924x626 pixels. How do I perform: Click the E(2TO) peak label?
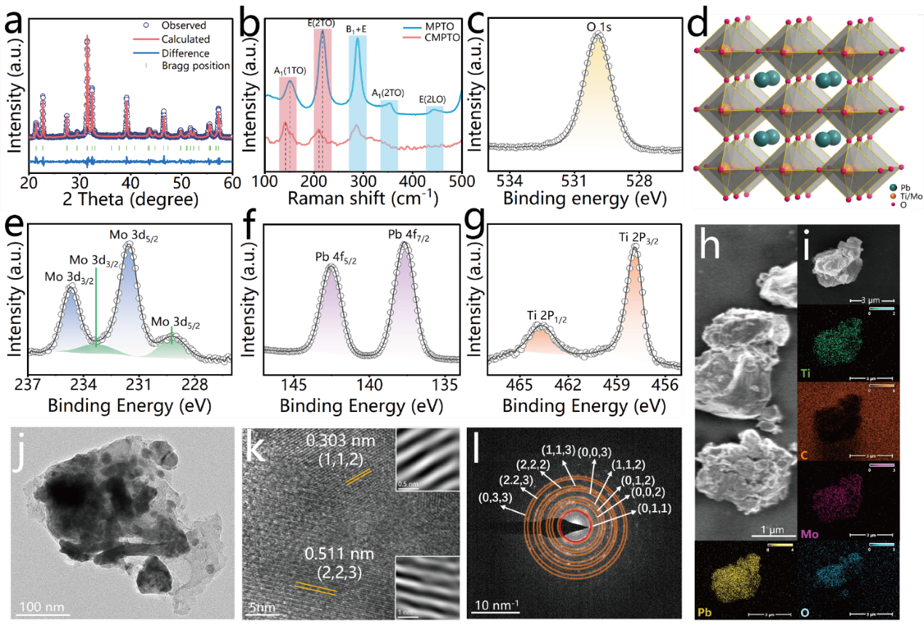click(321, 23)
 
